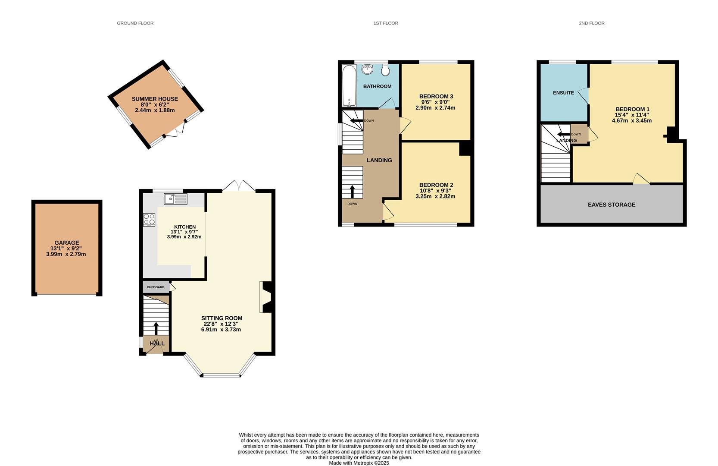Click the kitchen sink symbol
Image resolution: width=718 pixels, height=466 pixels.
coord(175,199)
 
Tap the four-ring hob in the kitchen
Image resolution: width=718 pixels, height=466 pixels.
coord(149,220)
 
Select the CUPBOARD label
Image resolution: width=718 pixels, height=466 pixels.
coord(156,287)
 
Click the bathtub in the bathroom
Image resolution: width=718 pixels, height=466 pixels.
coord(349,85)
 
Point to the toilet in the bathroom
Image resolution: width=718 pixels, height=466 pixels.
coord(385,70)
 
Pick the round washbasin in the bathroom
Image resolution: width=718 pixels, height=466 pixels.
coord(368,69)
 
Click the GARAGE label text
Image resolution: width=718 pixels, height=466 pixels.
coord(67,242)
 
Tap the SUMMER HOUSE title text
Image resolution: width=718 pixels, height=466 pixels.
coord(155,99)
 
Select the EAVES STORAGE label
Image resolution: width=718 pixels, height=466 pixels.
coord(612,205)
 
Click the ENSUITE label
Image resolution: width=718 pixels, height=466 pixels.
coord(563,93)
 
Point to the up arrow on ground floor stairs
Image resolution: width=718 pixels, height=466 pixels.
coord(156,328)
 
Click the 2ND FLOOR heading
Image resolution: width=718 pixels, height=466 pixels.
coord(591,23)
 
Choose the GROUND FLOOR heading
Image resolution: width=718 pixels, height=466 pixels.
coord(135,23)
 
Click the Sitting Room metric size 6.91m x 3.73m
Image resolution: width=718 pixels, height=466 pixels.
coord(221,330)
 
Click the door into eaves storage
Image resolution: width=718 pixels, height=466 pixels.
coord(641,179)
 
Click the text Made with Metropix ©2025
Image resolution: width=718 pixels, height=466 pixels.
coord(359,463)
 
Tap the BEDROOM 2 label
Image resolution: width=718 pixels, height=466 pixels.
coord(436,185)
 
